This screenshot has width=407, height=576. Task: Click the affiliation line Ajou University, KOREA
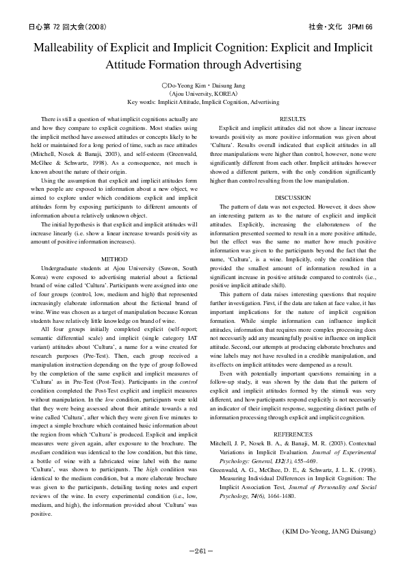click(x=203, y=93)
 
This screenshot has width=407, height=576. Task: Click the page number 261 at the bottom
click(x=203, y=550)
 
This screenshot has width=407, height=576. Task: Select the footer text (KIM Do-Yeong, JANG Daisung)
click(x=328, y=531)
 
